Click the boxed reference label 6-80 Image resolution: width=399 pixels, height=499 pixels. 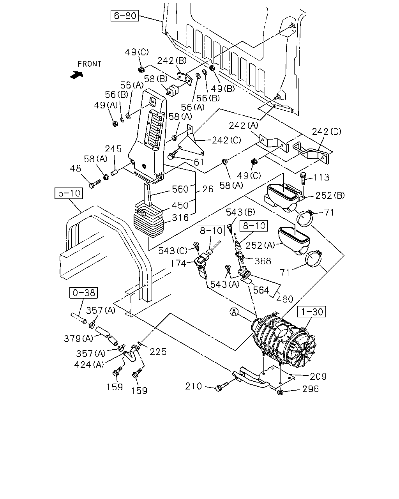coord(125,16)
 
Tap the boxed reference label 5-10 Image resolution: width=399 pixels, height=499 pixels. coord(69,193)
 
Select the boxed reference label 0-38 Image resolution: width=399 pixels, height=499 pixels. coord(84,293)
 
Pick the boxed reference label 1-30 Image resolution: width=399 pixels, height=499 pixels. coord(312,311)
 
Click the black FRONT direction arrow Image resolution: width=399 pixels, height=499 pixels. coord(76,75)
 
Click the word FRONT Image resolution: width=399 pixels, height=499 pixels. coord(90,64)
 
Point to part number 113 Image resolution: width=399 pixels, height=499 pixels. coord(321,177)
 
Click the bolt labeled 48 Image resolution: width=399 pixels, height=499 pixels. coord(95,183)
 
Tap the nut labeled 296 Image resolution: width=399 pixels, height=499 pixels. coord(280,392)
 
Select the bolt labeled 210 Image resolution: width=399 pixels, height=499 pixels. coord(222,387)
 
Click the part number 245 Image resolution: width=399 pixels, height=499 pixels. coord(113,149)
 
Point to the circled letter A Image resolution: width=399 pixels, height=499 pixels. coord(234,312)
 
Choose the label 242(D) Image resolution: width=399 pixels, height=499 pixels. coord(327,132)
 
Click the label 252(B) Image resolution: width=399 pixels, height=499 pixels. coord(330,195)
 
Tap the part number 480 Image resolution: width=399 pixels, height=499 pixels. coord(285,299)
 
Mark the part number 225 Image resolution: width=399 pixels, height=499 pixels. coord(158,352)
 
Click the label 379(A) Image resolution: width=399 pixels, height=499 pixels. coord(78,338)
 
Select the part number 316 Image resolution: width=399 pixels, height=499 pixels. coord(180,218)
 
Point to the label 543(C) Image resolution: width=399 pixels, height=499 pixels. coord(173,251)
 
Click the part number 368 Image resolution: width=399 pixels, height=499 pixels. coord(263,261)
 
